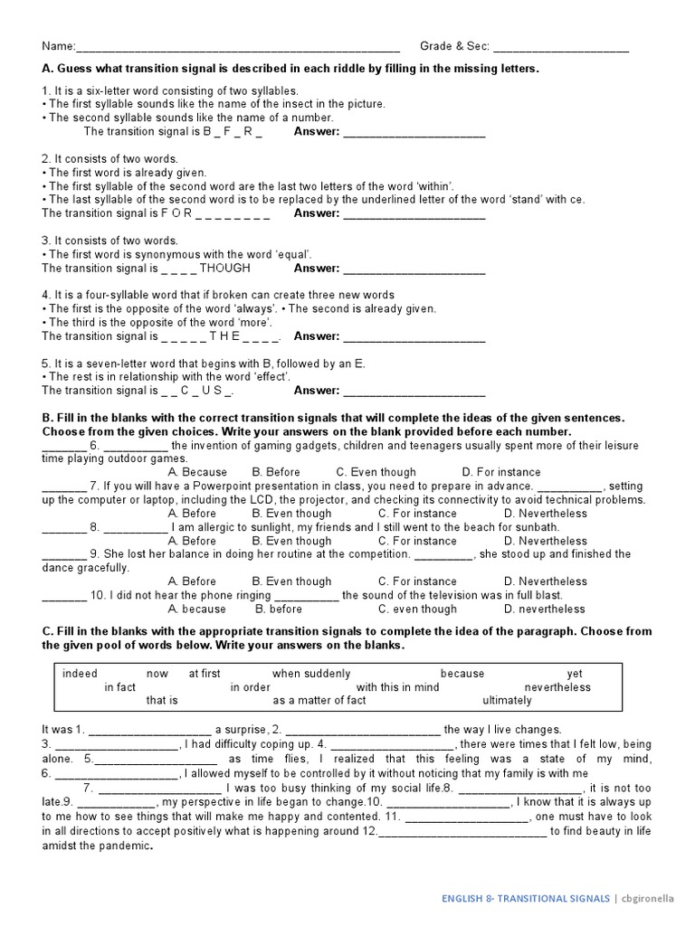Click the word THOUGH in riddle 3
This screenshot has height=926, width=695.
[x=225, y=269]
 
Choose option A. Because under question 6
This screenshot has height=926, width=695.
[x=198, y=472]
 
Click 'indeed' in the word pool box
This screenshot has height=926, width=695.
[x=81, y=674]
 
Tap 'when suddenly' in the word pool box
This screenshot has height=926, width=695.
[x=311, y=674]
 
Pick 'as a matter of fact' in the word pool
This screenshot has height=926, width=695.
[x=319, y=701]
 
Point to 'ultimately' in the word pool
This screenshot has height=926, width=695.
[x=507, y=701]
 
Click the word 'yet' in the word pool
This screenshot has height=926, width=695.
[x=575, y=674]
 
